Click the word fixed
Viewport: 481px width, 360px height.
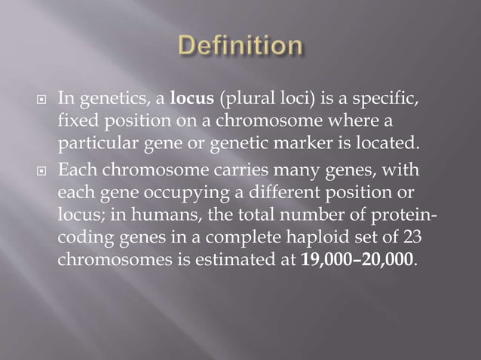point(78,121)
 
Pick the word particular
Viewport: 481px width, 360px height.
point(95,143)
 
